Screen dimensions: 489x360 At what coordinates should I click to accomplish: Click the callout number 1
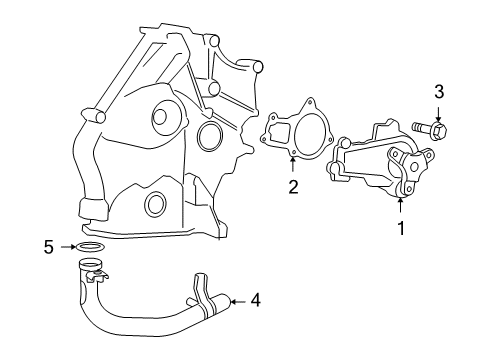click(x=401, y=228)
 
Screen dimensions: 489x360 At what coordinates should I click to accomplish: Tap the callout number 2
click(x=293, y=187)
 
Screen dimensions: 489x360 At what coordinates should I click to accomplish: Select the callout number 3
click(x=439, y=92)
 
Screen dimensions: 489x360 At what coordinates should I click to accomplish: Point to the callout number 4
click(x=255, y=300)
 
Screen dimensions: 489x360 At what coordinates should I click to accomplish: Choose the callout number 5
click(x=49, y=247)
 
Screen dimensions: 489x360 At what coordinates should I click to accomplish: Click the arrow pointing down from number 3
click(x=438, y=114)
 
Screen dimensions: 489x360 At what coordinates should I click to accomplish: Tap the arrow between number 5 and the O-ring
click(x=68, y=247)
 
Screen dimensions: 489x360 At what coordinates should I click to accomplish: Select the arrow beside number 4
click(x=238, y=302)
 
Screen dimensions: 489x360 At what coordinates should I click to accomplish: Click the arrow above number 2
click(x=293, y=164)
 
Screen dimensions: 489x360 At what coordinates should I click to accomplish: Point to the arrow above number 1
click(x=400, y=205)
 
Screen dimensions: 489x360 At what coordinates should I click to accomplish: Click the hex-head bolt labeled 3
click(x=430, y=129)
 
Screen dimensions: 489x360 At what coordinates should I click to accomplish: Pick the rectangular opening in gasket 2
click(x=280, y=132)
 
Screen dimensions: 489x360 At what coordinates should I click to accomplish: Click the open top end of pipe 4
click(x=90, y=265)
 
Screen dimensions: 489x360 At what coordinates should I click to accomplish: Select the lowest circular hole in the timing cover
click(x=156, y=203)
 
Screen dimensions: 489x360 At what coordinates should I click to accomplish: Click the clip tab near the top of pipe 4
click(x=97, y=277)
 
